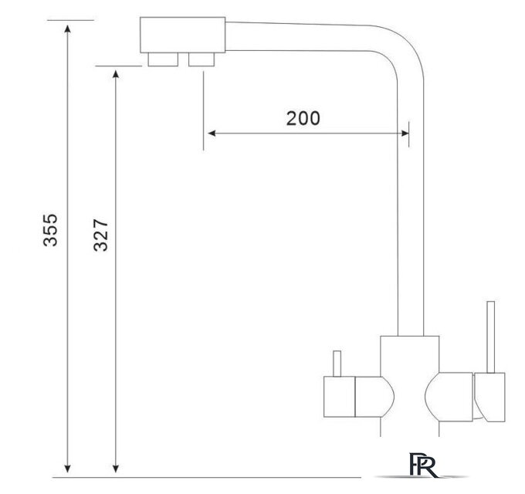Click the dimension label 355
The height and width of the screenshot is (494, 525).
pyautogui.click(x=50, y=230)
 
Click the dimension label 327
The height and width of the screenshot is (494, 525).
pyautogui.click(x=100, y=235)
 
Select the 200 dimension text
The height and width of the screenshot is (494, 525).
pyautogui.click(x=303, y=118)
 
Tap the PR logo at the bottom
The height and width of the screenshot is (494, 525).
pyautogui.click(x=423, y=465)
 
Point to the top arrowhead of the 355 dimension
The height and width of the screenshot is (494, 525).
pyautogui.click(x=68, y=29)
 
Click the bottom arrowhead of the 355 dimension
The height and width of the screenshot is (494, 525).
pyautogui.click(x=68, y=469)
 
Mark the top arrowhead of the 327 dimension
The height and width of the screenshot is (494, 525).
pyautogui.click(x=116, y=74)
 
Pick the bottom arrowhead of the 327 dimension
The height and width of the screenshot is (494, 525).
pyautogui.click(x=116, y=469)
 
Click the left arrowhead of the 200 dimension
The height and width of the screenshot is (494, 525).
pyautogui.click(x=212, y=134)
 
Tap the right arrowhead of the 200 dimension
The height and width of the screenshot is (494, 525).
pyautogui.click(x=405, y=134)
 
